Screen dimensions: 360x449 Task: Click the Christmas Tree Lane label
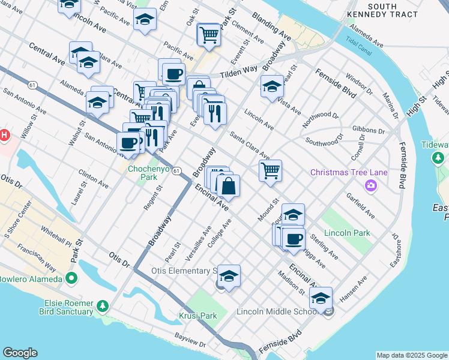click(x=349, y=173)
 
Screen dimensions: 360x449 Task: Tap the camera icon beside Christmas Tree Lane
click(x=372, y=185)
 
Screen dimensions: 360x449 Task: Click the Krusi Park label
click(x=197, y=316)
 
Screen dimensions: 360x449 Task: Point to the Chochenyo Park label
click(x=143, y=173)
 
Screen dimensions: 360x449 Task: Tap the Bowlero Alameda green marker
click(x=71, y=279)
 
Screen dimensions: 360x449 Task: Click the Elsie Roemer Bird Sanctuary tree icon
click(x=102, y=306)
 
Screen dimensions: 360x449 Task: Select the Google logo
click(x=20, y=353)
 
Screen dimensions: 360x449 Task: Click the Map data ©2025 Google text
click(x=411, y=355)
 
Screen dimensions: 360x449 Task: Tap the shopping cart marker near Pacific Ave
click(x=208, y=34)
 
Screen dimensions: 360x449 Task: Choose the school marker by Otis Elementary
click(x=229, y=276)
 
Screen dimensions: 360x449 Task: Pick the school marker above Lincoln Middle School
click(x=321, y=298)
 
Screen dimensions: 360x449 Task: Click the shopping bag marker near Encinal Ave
click(x=229, y=186)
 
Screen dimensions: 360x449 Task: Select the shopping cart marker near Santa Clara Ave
click(x=270, y=170)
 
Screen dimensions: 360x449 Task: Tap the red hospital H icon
click(x=4, y=134)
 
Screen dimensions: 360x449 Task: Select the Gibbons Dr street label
click(x=369, y=130)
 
